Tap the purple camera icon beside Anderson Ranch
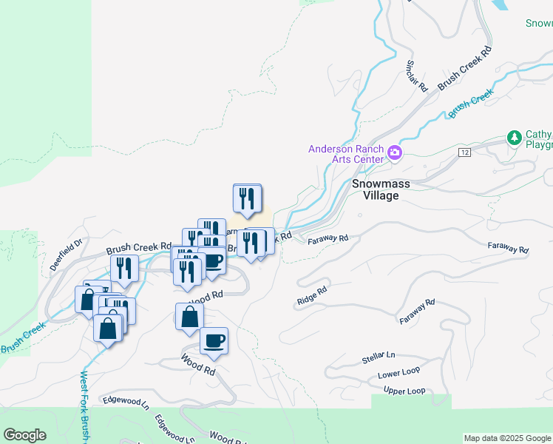(x=395, y=154)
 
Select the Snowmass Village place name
(x=375, y=189)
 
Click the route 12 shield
(x=464, y=152)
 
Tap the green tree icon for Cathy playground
(x=514, y=138)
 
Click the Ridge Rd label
(x=311, y=296)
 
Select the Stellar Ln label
(x=379, y=359)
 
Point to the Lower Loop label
(x=398, y=374)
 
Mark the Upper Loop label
(x=404, y=391)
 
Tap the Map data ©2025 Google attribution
(x=507, y=438)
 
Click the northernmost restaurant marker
(x=247, y=198)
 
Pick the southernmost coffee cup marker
(x=214, y=340)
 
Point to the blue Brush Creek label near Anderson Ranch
(x=469, y=104)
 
